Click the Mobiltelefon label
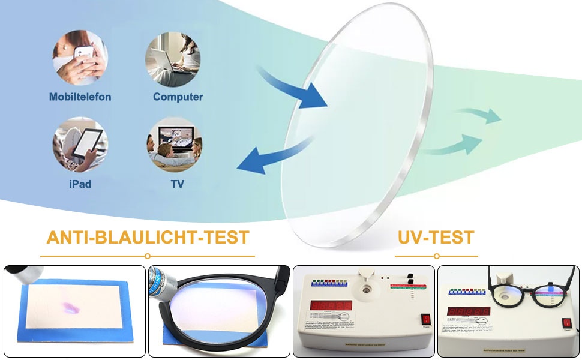click(x=80, y=97)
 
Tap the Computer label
click(x=178, y=97)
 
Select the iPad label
click(x=80, y=184)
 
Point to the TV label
click(x=178, y=184)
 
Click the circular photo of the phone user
click(x=80, y=58)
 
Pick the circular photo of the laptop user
click(x=173, y=59)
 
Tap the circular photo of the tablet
click(x=80, y=145)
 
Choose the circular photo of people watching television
click(x=175, y=145)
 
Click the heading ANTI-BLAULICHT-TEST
click(x=148, y=237)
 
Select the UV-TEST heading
click(x=436, y=237)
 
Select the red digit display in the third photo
click(x=331, y=305)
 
